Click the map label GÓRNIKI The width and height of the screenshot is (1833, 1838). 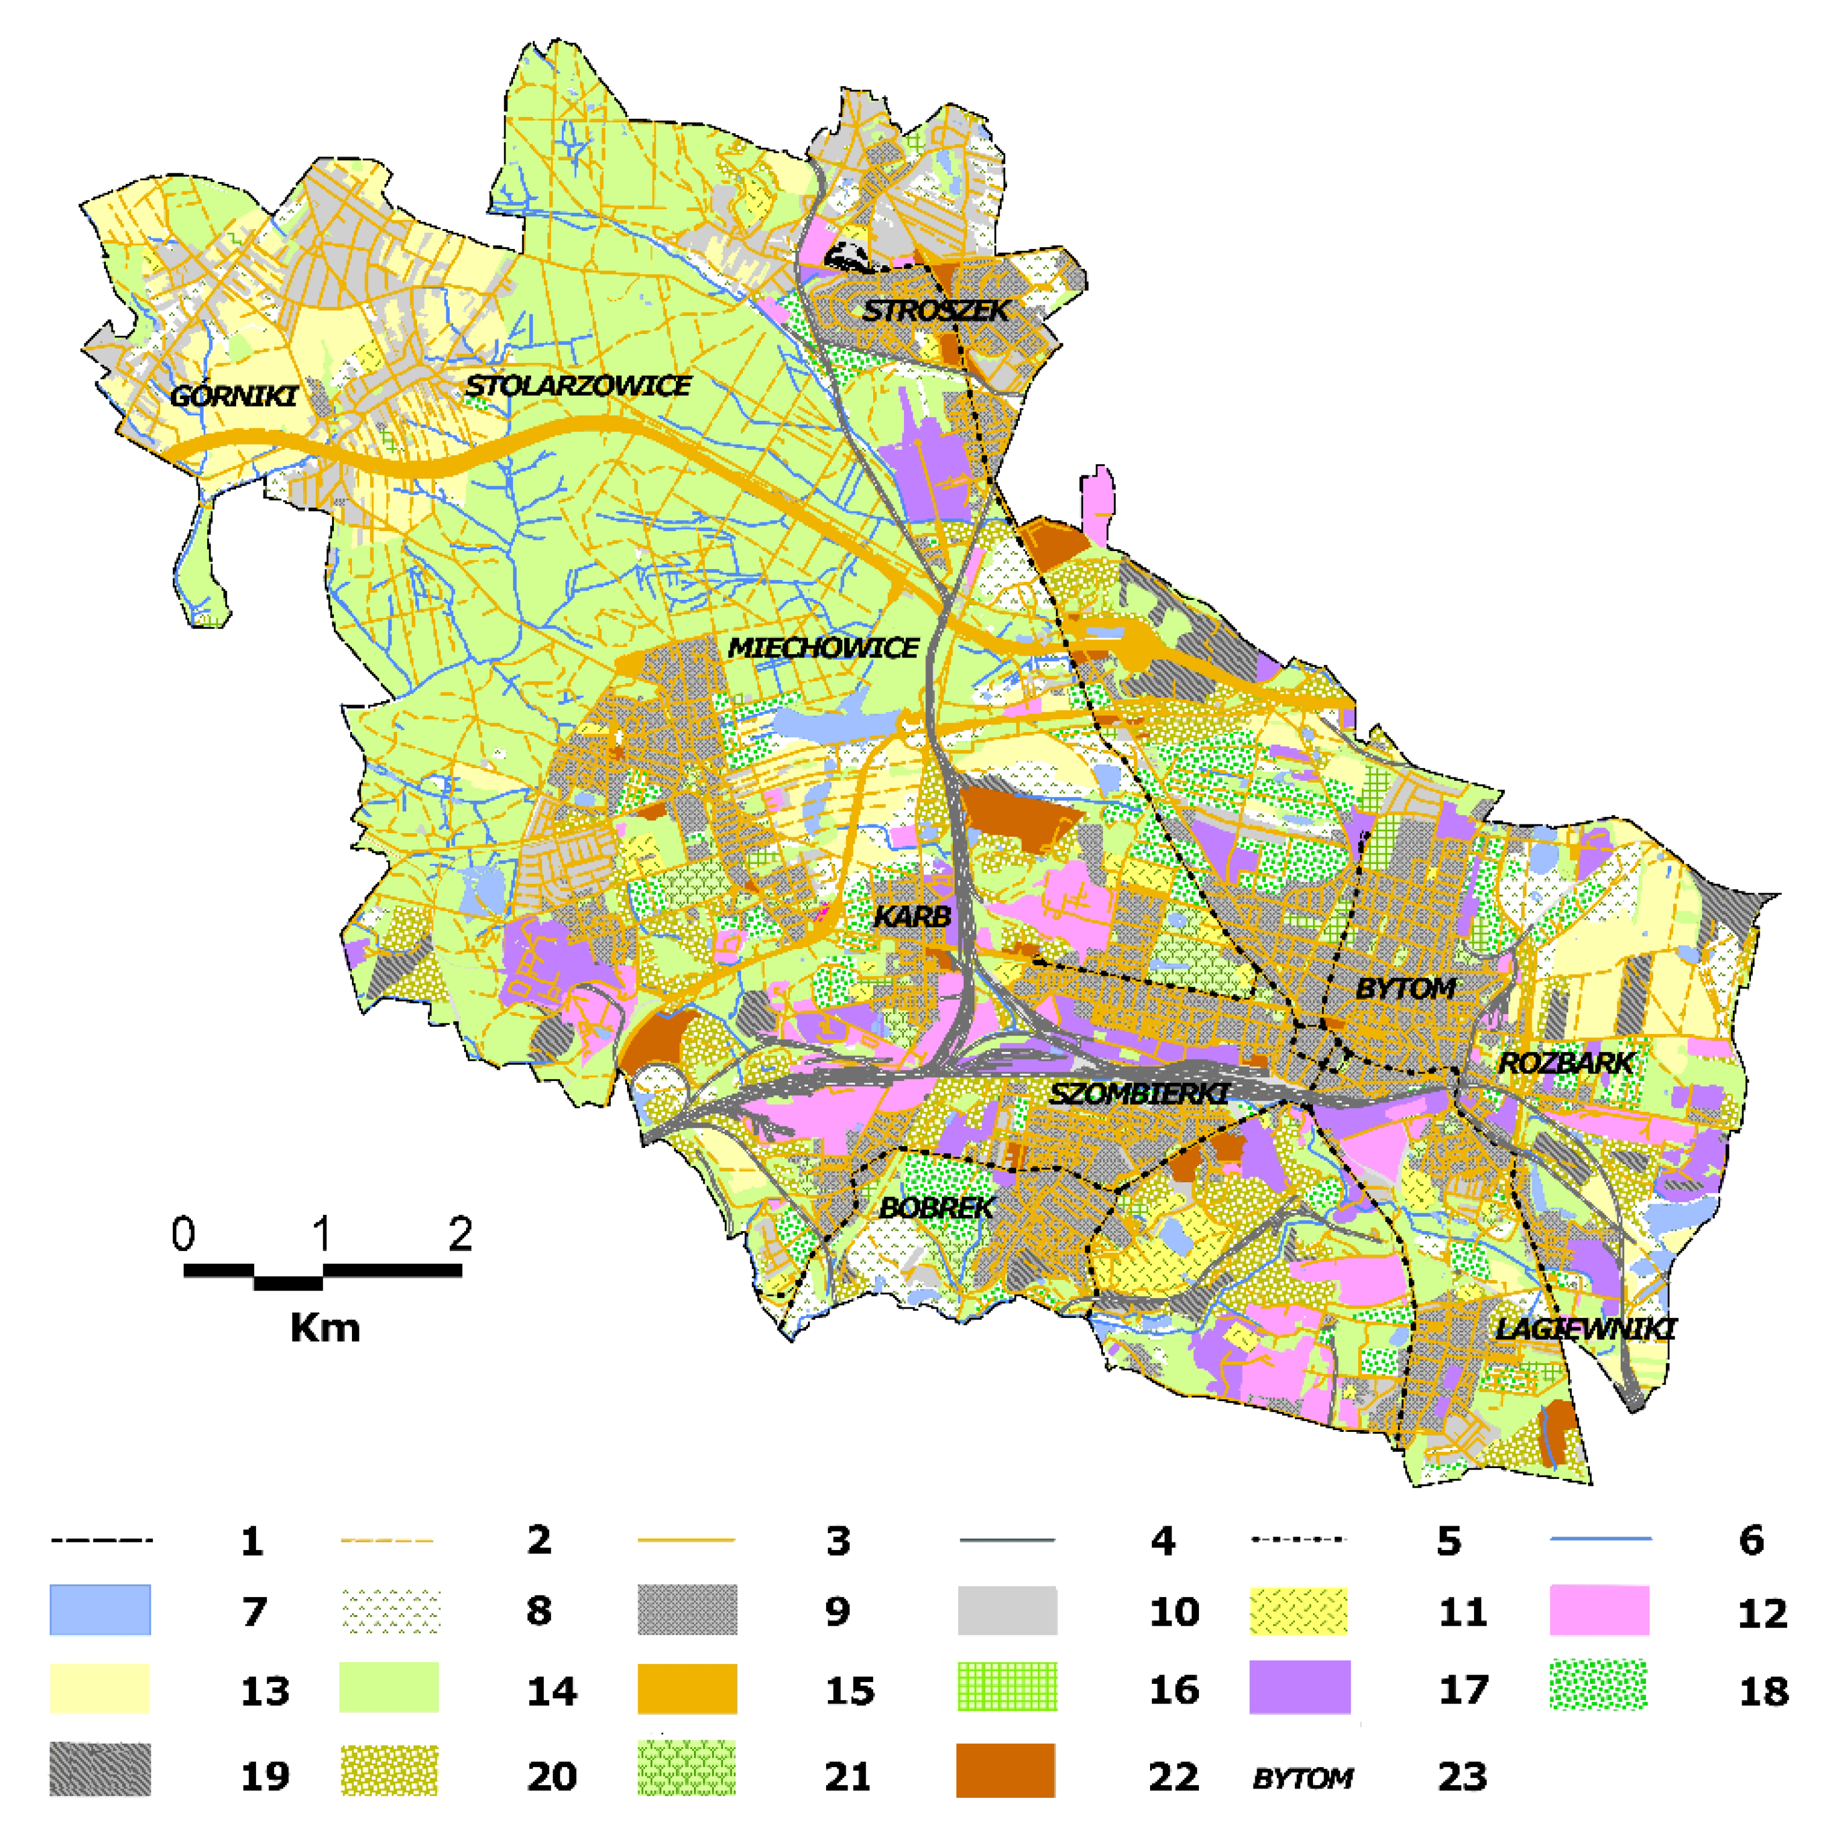[233, 396]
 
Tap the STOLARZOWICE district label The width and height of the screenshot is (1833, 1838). [578, 385]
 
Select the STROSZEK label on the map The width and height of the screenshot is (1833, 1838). [935, 310]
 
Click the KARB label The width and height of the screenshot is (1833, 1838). [912, 916]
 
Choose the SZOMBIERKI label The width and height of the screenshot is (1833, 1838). [1138, 1094]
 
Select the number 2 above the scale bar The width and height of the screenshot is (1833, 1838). [460, 1235]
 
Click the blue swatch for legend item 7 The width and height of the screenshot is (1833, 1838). [100, 1610]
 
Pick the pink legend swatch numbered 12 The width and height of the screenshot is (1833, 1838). [1599, 1610]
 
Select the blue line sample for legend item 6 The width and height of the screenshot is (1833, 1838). [1601, 1538]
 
